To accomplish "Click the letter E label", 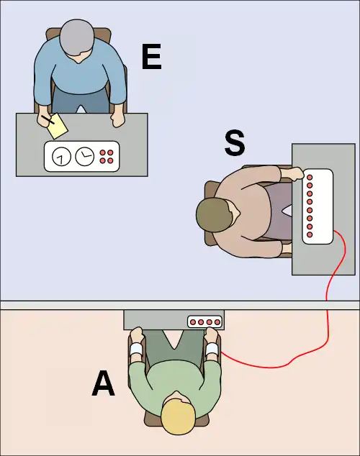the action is point(151,57).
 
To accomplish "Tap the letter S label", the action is point(235,143).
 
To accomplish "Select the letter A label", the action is point(103,383).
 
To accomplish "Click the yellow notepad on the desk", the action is point(58,126).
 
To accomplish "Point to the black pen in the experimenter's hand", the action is point(48,119).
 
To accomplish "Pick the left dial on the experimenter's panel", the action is point(61,157).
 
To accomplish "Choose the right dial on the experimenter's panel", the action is point(85,157).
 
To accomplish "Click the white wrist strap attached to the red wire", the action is point(212,349).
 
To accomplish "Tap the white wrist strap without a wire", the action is point(137,350).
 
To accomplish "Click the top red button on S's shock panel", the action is point(310,177).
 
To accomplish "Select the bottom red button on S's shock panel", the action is point(310,234).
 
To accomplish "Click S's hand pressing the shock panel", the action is point(293,173).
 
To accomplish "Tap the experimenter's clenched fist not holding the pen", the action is point(117,119).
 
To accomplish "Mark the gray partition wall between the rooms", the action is point(180,305).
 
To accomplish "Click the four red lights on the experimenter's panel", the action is point(107,157).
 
